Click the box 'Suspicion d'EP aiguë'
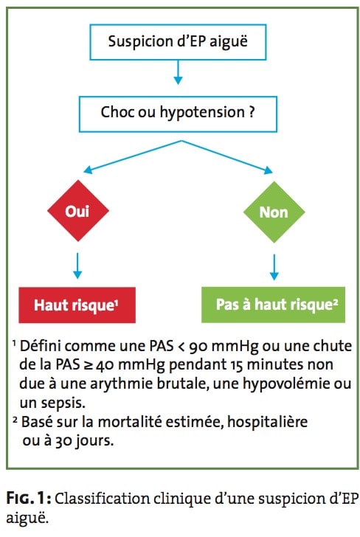tap(178, 42)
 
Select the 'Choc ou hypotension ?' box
tap(178, 114)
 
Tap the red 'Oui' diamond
tap(78, 211)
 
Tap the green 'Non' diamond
tap(274, 212)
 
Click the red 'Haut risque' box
tap(77, 305)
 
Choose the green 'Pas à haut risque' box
tap(274, 305)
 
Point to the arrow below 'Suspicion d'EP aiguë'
tap(178, 72)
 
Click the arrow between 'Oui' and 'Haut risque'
tap(77, 266)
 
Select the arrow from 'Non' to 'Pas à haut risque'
tap(274, 267)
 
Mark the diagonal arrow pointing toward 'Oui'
tap(133, 156)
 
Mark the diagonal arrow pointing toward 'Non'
tap(227, 156)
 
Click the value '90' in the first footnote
tap(198, 347)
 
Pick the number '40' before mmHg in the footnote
tap(105, 365)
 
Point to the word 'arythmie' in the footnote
tap(121, 384)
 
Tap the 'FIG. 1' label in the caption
tap(29, 498)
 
